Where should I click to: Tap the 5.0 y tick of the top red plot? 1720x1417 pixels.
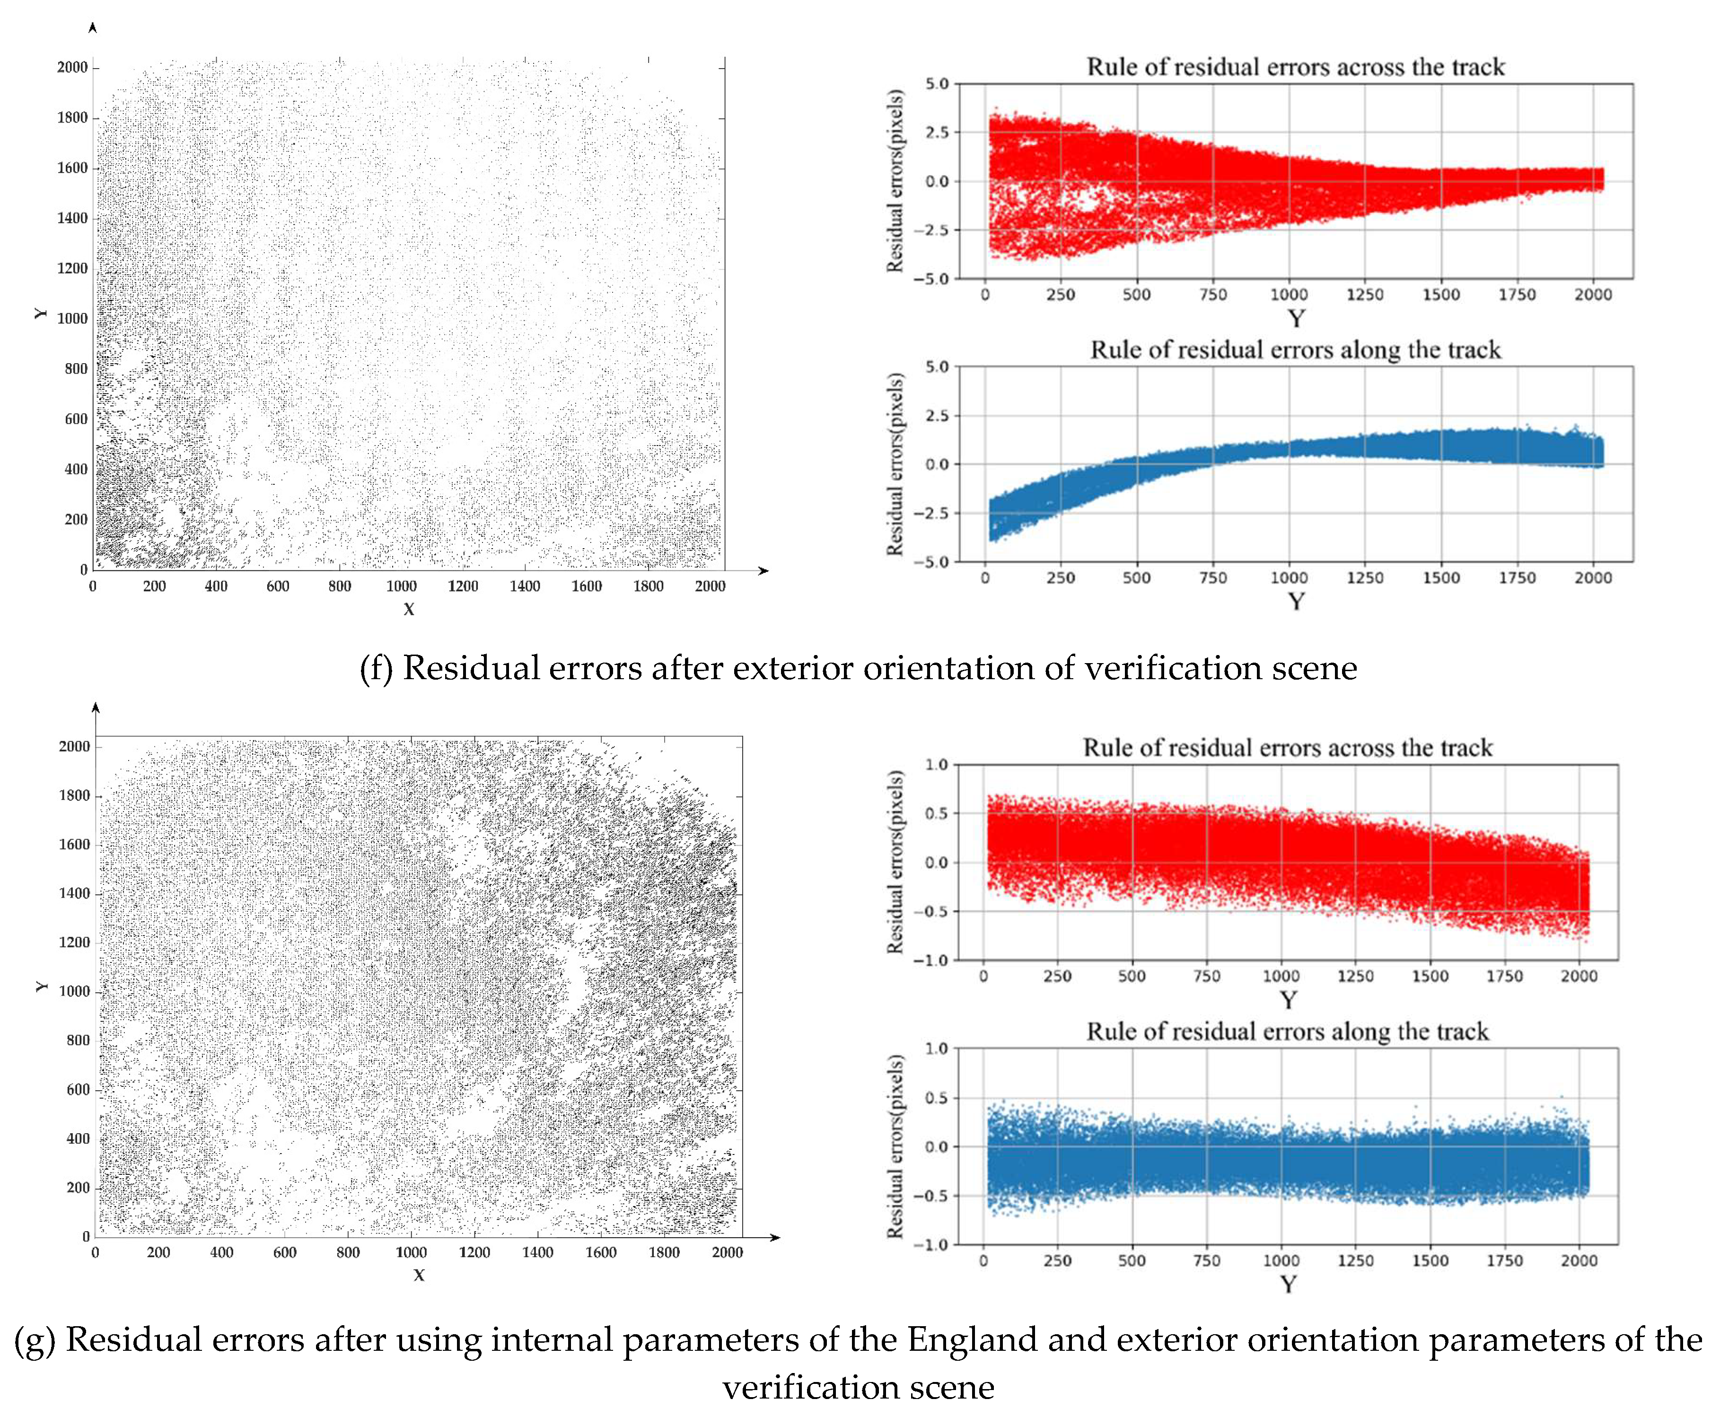point(937,84)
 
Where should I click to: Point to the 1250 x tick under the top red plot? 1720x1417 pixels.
point(1365,295)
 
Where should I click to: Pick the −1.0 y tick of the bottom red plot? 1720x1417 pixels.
point(931,961)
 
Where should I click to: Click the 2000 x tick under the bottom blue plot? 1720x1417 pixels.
point(1579,1260)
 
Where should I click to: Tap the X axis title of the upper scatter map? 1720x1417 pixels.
point(409,609)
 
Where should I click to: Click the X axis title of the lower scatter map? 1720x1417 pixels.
point(419,1275)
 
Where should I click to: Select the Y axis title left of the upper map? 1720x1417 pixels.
point(41,314)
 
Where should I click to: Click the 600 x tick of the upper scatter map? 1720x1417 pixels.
point(278,586)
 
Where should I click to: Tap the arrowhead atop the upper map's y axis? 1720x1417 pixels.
point(93,28)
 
